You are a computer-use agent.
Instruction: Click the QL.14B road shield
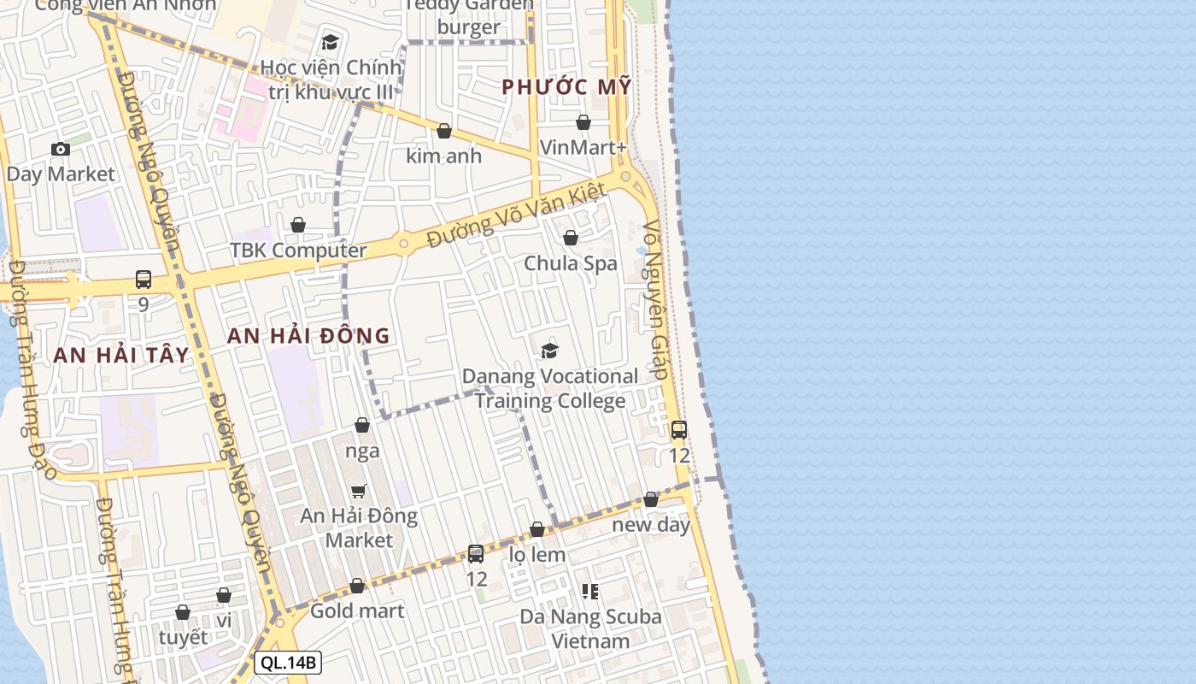tap(288, 663)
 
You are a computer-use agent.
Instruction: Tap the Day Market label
tap(60, 174)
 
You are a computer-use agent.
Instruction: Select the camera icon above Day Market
tap(60, 150)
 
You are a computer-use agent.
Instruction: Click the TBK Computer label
tap(298, 251)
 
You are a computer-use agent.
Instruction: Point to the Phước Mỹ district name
tap(566, 87)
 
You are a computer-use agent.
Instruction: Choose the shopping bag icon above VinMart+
tap(583, 123)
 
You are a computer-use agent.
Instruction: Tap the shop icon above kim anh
tap(444, 132)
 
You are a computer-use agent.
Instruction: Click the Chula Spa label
tap(570, 263)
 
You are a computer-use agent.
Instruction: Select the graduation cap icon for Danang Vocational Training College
tap(549, 351)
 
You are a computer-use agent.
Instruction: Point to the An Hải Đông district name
tap(308, 336)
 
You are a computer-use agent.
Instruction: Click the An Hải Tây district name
tap(121, 356)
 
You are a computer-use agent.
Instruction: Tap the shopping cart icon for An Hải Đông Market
tap(359, 492)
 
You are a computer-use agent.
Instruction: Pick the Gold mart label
tap(357, 611)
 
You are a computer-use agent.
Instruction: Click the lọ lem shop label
tap(537, 555)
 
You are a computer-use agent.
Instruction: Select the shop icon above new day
tap(651, 500)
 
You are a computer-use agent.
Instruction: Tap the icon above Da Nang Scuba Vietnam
tap(590, 591)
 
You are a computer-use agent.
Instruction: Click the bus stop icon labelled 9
tap(144, 280)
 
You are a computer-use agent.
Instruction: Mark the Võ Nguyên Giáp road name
tap(655, 299)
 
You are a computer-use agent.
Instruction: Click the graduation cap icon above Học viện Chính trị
tap(330, 42)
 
